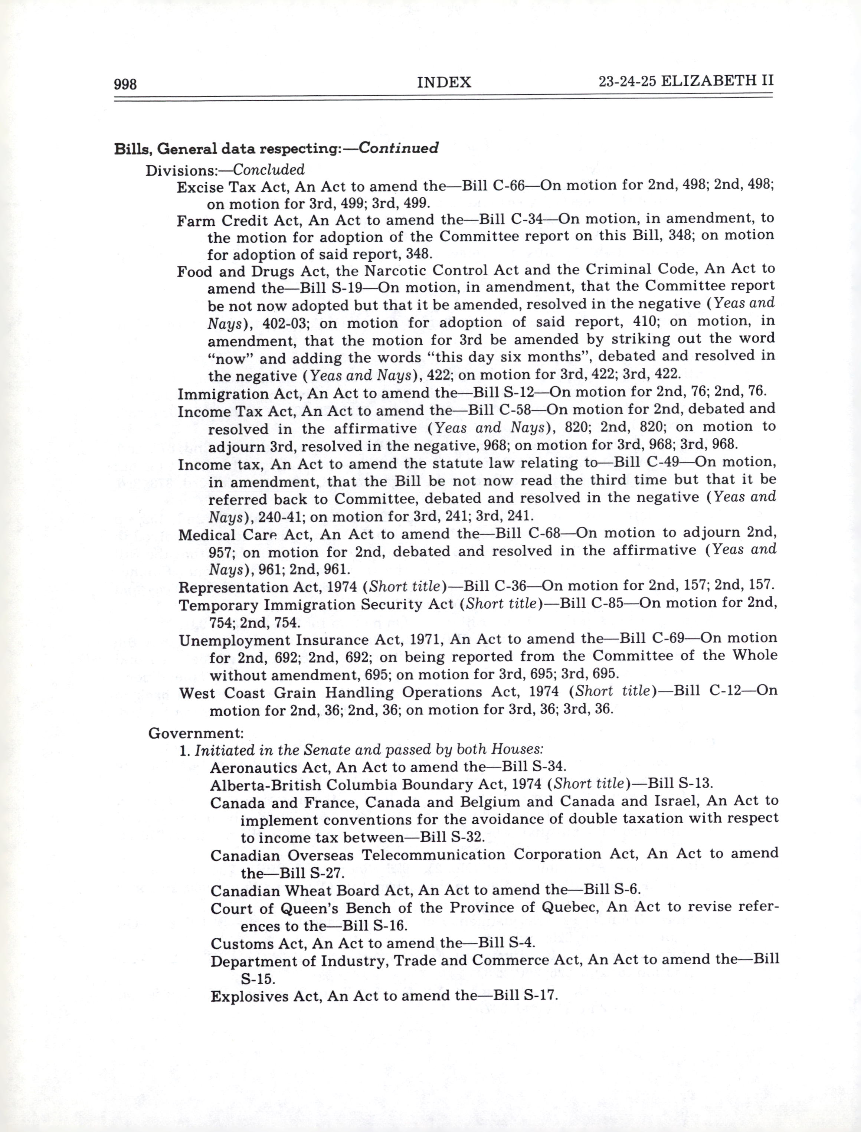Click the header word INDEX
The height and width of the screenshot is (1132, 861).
pos(444,82)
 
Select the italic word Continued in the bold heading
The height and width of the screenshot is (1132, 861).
pos(398,148)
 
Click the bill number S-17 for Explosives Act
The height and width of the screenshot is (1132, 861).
pos(538,996)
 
